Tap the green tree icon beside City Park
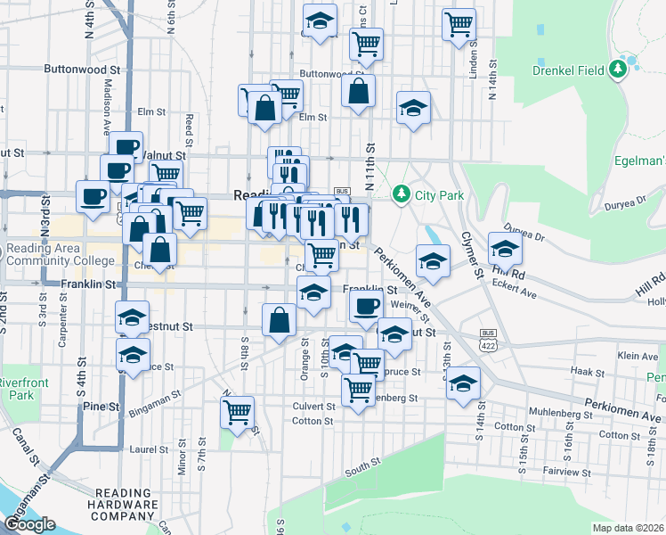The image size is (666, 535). (x=401, y=193)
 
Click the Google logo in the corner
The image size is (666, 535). (x=29, y=524)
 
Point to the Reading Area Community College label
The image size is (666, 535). (x=61, y=254)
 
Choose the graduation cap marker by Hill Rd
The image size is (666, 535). (x=505, y=247)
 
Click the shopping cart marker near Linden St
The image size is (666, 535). (x=459, y=23)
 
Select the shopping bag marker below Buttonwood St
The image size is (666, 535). (x=358, y=90)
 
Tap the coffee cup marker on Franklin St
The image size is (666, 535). (x=364, y=307)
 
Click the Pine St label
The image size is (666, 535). (x=102, y=406)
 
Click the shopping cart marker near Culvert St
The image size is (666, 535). (x=237, y=412)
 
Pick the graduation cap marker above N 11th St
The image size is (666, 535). (x=413, y=108)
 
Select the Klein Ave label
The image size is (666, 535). (x=637, y=356)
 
